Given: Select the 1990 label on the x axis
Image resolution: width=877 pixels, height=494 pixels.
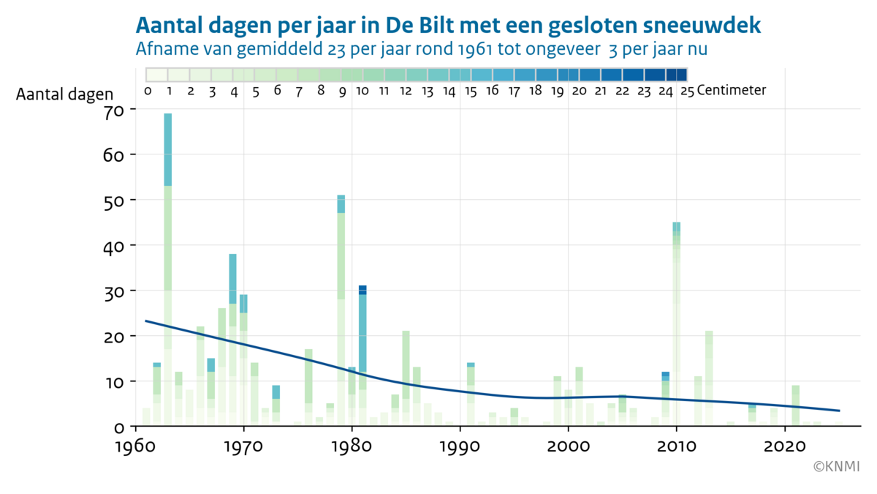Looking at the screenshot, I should (460, 446).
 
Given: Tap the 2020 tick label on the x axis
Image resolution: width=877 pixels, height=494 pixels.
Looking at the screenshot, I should (784, 446).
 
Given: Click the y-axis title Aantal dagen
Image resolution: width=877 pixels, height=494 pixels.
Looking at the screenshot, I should (64, 94).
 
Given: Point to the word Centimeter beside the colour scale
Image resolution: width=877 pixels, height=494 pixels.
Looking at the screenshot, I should (732, 91).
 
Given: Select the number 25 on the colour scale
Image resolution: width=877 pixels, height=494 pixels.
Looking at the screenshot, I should (686, 91).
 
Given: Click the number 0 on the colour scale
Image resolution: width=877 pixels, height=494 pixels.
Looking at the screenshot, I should (148, 91).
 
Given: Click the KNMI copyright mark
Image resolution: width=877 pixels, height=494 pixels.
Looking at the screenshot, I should (837, 465).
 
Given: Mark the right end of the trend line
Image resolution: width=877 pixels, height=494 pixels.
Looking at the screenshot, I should (839, 411).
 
